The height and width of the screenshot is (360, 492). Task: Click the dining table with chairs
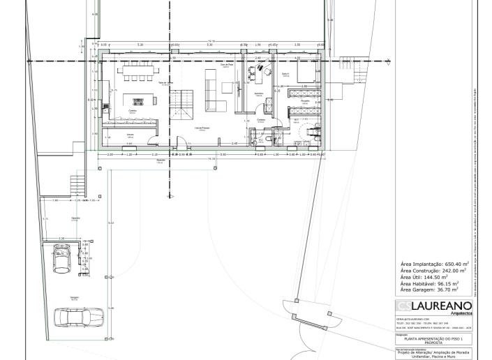pos(136,72)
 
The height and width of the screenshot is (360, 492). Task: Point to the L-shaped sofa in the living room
pos(212,91)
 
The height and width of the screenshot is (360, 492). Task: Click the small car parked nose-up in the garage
pos(62,260)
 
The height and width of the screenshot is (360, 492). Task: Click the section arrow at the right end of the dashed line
pos(389,61)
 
